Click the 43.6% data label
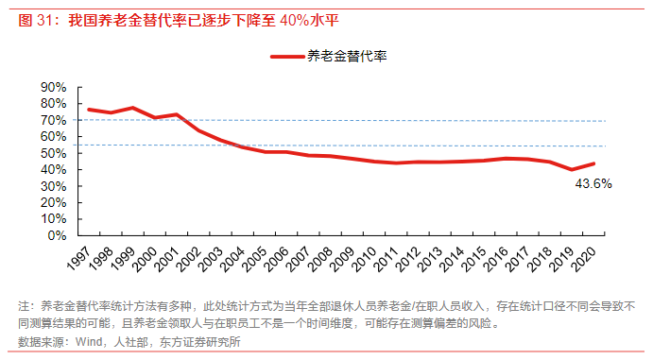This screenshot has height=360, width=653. click(593, 184)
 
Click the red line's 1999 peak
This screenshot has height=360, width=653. click(132, 108)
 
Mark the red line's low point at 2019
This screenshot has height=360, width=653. click(572, 170)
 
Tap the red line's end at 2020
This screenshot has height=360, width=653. click(593, 163)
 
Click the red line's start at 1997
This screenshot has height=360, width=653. click(88, 110)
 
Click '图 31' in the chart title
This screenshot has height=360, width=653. click(36, 20)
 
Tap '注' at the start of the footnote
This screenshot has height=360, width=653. click(24, 307)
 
